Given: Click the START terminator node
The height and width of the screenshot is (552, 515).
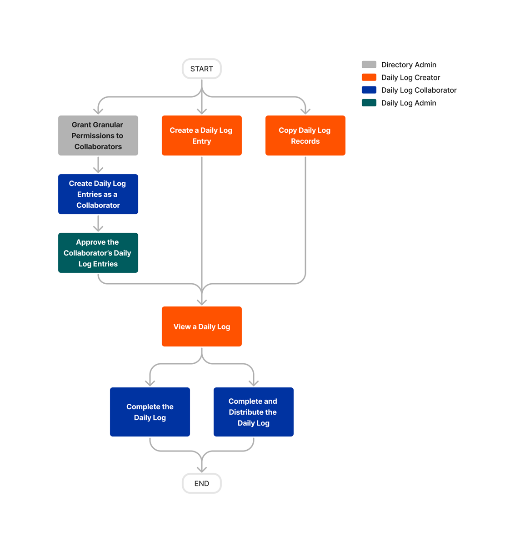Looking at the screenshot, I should click(201, 69).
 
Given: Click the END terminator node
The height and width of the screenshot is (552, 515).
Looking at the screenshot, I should click(201, 483).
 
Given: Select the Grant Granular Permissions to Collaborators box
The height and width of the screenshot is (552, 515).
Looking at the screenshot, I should click(98, 135).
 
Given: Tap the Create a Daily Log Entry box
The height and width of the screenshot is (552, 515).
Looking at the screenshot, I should click(201, 135).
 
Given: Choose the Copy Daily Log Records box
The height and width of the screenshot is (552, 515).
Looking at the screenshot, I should click(305, 135).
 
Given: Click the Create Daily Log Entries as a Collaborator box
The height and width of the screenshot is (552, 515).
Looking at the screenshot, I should click(98, 194).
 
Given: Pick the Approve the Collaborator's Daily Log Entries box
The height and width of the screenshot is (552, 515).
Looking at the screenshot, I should click(98, 253).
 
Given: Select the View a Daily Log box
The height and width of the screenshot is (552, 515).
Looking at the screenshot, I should click(201, 326).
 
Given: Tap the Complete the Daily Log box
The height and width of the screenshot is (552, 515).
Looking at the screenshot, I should click(150, 412).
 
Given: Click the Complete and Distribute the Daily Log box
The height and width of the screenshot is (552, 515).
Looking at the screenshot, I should click(253, 412).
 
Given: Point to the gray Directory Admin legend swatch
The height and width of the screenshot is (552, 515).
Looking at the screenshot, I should click(369, 65).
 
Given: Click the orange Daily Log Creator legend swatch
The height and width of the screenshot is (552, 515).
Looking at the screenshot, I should click(369, 77).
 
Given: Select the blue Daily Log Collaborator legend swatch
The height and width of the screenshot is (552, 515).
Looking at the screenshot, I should click(369, 90).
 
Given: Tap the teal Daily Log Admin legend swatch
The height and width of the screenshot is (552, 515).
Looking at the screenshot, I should click(369, 103).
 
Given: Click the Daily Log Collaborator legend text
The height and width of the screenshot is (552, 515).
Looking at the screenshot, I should click(419, 90).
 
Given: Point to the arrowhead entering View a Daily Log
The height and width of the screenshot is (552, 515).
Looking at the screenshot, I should click(202, 302).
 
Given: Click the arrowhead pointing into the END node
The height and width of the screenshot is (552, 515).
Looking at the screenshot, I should click(202, 469).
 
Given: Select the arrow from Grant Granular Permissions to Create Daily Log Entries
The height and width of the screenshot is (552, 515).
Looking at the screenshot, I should click(98, 165).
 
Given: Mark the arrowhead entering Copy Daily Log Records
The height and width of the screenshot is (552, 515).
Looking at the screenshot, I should click(305, 110).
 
